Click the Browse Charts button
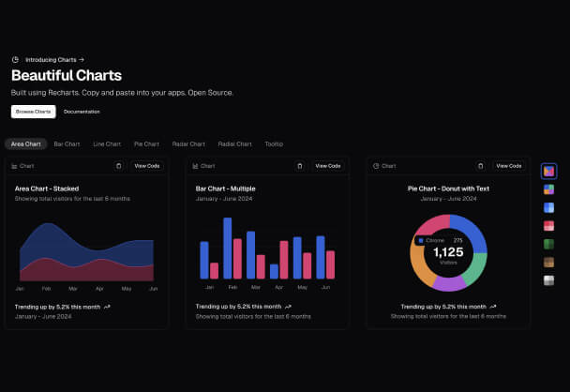34,112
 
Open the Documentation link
82,112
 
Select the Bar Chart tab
67,144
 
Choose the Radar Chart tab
188,144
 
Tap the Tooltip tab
274,144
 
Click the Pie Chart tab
146,144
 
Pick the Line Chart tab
107,144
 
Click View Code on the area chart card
147,166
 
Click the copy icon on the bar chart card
299,166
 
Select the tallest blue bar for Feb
228,248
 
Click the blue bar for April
274,271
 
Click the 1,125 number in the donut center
448,252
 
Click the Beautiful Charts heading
67,76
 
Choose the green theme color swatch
549,244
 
